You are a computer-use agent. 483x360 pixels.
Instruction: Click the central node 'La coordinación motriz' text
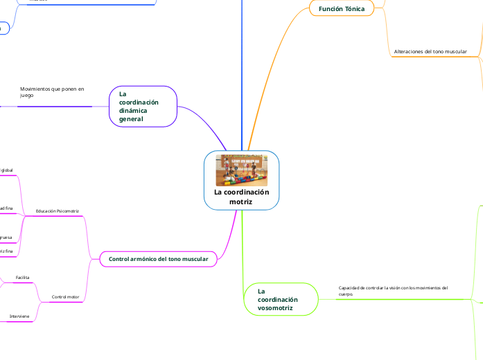(241, 197)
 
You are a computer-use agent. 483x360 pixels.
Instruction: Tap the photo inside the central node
(242, 170)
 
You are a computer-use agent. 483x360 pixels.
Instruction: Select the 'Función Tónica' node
(342, 8)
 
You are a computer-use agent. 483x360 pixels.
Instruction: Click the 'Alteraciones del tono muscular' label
(430, 52)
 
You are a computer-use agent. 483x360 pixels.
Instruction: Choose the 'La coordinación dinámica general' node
(143, 107)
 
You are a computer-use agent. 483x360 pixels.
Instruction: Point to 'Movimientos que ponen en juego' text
(52, 92)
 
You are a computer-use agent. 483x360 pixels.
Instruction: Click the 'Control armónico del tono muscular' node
(159, 259)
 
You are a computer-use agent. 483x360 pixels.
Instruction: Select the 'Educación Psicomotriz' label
(58, 210)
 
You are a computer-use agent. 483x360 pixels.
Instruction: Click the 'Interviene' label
(19, 316)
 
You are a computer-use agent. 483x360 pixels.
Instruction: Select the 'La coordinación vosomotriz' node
(281, 300)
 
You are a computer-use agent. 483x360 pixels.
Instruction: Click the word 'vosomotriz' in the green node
(276, 308)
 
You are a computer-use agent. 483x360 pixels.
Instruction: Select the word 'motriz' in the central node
(241, 201)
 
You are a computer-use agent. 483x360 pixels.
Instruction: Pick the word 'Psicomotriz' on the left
(68, 210)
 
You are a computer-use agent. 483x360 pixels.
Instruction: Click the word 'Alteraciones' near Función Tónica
(409, 52)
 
